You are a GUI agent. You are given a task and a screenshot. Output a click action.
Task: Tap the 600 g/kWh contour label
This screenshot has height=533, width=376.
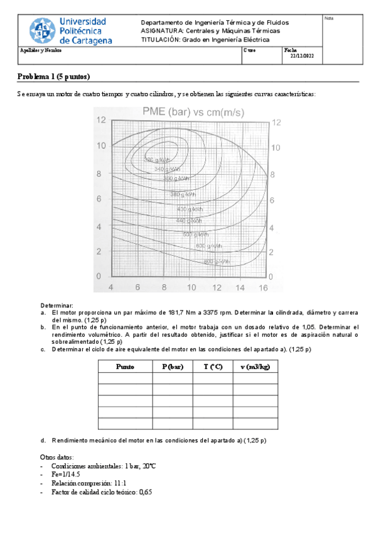coord(210,245)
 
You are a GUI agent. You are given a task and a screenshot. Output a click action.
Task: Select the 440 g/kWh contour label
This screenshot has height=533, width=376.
coord(189,221)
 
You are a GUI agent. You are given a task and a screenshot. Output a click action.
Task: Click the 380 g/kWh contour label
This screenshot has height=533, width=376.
coord(185,194)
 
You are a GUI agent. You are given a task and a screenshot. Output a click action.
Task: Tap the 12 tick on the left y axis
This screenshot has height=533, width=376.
coord(100,120)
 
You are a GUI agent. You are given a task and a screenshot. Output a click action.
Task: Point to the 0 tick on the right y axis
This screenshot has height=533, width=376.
coord(272,276)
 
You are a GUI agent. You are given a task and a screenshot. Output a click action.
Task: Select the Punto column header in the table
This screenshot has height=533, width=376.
coord(125,366)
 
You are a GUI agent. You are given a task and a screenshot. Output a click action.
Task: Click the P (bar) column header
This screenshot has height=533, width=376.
coord(172,366)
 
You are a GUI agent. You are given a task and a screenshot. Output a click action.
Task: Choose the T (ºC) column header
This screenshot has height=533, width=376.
coord(213,366)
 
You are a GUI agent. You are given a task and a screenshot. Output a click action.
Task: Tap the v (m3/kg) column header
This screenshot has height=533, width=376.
coord(255,366)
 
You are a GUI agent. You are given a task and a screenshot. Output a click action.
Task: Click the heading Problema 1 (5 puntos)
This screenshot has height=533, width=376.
coord(54,77)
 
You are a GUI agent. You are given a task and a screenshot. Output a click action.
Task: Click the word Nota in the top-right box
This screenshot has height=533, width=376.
coord(328,18)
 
